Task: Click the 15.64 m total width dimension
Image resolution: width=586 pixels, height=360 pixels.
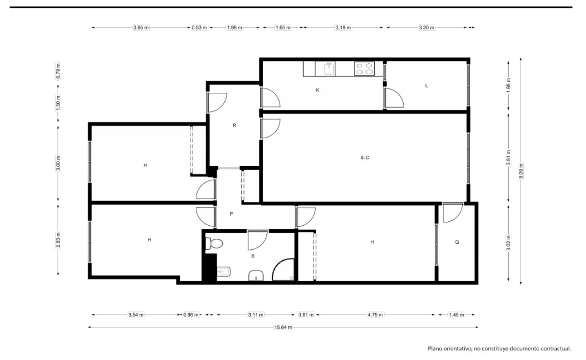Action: (283, 327)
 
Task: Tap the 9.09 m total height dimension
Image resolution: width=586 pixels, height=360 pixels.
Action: (521, 171)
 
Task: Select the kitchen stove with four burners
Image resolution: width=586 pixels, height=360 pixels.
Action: (364, 69)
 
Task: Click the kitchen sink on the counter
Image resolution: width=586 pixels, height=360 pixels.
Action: (329, 69)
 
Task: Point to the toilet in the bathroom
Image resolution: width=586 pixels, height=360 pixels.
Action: (214, 243)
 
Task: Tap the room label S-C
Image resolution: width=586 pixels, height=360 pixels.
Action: (365, 157)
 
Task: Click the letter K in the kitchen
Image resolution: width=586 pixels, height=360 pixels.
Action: (317, 90)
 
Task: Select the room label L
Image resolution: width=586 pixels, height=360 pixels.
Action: (426, 86)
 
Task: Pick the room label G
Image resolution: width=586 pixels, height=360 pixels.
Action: (457, 242)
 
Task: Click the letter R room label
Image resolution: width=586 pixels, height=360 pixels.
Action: (234, 125)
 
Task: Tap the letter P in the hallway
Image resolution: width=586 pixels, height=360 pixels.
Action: (231, 214)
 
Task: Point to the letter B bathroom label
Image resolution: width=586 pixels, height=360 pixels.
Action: (253, 256)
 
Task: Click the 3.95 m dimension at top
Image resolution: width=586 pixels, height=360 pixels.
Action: (141, 28)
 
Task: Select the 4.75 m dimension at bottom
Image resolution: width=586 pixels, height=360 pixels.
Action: (375, 315)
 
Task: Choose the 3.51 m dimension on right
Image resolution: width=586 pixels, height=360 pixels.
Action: (508, 157)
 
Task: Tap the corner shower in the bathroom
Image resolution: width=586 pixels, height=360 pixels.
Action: (283, 269)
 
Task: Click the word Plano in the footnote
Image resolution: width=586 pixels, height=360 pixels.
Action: (435, 349)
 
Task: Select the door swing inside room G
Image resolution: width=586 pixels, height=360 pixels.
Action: (453, 213)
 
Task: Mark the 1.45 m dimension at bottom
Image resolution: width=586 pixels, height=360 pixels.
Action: (457, 315)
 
